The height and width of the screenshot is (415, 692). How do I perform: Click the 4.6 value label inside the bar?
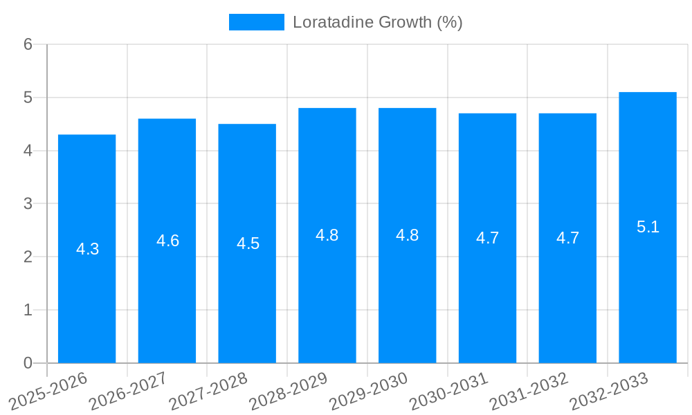pos(167,241)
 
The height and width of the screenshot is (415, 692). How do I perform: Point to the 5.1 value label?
pos(648,227)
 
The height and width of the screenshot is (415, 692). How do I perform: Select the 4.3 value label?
pos(87,249)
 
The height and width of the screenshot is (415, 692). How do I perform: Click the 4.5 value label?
pos(248,243)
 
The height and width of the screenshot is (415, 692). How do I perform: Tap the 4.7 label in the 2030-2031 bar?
pos(487,238)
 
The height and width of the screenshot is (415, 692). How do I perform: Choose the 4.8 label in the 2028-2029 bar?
pos(327,235)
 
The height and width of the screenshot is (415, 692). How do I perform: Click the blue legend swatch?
pos(256,22)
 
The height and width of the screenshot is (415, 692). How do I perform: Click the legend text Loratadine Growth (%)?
pos(377,22)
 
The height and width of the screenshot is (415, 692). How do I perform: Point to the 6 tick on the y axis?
pos(28,44)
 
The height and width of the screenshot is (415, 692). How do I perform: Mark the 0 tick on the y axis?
pos(28,363)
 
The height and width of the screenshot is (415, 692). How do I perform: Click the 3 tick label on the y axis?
pos(28,203)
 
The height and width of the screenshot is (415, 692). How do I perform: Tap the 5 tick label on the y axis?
pos(28,98)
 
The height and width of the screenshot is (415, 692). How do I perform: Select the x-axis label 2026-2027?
pos(129,391)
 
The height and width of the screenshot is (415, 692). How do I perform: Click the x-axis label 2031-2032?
pos(529,391)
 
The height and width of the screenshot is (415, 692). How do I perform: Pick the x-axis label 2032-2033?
pos(609,391)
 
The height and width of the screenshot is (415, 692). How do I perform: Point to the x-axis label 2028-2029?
pos(289,391)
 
